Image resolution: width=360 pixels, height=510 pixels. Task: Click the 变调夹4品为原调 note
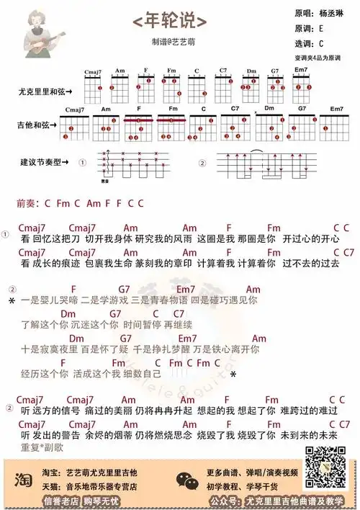coord(320,57)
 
